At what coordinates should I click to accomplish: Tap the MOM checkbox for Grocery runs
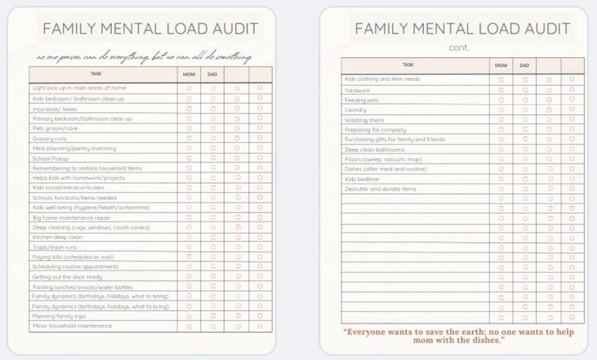coord(189,138)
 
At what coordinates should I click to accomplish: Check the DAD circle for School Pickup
coord(214,158)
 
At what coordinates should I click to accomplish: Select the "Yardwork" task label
coord(357,89)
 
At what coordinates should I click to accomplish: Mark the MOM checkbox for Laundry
coord(502,110)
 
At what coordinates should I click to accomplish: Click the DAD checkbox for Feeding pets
coord(525,100)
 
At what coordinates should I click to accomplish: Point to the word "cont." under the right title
coord(457,47)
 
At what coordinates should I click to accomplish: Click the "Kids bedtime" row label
coord(362,179)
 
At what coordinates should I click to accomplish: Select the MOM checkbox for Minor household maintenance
coord(189,326)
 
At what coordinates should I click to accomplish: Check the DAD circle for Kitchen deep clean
coord(214,237)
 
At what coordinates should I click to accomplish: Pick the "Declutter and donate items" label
coord(380,189)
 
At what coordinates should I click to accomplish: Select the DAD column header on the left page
coord(214,74)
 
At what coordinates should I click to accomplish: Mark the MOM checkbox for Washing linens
coord(502,119)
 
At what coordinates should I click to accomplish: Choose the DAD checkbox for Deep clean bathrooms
coord(525,150)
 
